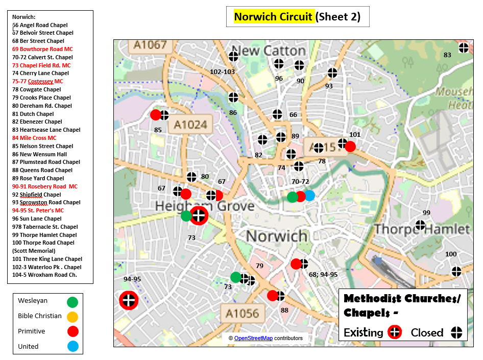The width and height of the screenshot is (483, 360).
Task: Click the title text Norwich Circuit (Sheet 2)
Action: tap(297, 17)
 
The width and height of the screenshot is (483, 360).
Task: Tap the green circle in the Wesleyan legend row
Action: tap(73, 302)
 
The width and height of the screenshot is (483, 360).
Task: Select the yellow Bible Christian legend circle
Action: tap(73, 317)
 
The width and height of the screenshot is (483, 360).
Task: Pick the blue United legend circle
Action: tap(73, 347)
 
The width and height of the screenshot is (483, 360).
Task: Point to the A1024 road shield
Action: tap(190, 124)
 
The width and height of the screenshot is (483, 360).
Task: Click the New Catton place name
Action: tap(272, 51)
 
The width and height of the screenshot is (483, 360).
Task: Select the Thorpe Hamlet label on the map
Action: tap(422, 229)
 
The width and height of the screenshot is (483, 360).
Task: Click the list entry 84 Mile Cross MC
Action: tap(34, 138)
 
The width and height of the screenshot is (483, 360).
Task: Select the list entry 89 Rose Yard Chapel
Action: tap(38, 178)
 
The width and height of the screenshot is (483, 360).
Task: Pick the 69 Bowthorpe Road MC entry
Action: tap(42, 49)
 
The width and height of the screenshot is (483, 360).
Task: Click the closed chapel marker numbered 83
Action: tap(464, 48)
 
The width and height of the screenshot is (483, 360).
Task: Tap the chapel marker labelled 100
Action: tap(456, 271)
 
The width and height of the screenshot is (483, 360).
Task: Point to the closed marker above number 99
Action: tap(420, 225)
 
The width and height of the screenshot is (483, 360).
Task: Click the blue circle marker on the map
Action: tap(309, 196)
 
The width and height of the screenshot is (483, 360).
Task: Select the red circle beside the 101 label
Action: tap(350, 147)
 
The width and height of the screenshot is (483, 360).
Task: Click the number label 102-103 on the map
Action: tap(222, 72)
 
